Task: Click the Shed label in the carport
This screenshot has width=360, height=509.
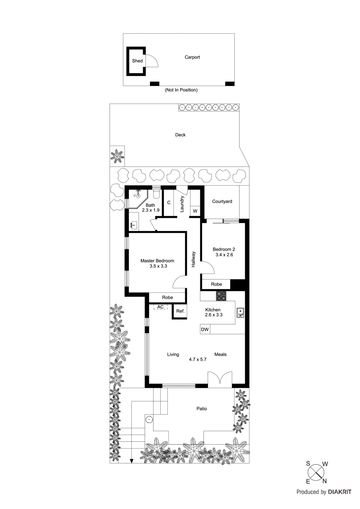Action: pos(137,61)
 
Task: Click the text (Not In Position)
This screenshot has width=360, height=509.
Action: pos(181,90)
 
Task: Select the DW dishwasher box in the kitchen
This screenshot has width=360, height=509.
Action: pos(205,329)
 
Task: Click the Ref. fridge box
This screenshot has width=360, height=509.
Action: pos(180,311)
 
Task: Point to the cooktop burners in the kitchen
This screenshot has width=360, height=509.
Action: pos(221,296)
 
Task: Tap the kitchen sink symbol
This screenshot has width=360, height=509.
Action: pos(240,313)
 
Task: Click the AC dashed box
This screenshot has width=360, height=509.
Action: pos(160,307)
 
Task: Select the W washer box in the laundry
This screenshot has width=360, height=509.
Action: pos(195,211)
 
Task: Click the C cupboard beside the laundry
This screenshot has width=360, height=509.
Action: pos(169,203)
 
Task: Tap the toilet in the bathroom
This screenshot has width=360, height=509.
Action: pos(156,193)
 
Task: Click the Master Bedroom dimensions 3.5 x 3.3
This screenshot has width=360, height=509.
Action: pos(158,266)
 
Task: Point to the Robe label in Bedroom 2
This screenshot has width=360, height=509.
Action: pos(216,284)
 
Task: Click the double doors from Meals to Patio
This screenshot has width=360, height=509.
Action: pos(220,379)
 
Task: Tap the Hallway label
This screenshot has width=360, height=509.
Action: pos(193,259)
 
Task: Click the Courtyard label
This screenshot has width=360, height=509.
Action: pos(222,201)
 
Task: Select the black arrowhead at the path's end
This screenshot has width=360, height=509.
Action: pos(131,461)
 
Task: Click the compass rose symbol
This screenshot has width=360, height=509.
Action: pos(316,472)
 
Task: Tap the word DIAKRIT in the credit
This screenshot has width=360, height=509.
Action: pos(339,492)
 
